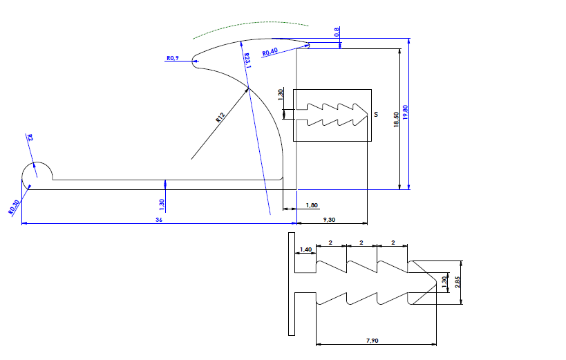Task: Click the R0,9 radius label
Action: click(173, 59)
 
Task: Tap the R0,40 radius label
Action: click(270, 53)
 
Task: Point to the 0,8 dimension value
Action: click(337, 32)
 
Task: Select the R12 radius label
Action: click(220, 118)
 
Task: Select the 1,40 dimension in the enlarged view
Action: click(306, 249)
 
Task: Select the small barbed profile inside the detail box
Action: click(332, 115)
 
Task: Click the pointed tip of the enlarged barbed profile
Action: click(436, 282)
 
